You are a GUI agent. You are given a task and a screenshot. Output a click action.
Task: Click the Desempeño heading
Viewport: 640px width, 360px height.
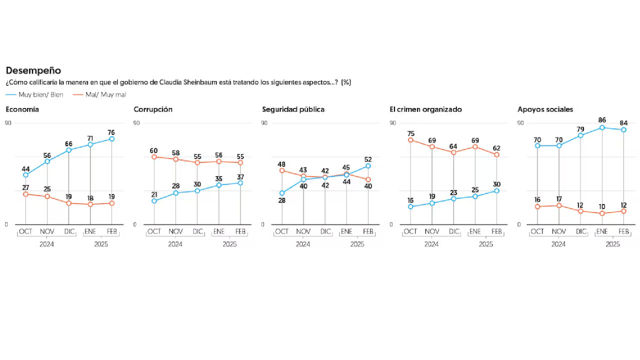point(33,71)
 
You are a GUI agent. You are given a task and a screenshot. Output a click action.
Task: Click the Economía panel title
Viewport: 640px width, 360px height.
point(22,109)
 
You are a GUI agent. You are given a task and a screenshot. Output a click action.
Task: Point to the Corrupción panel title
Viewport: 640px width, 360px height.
point(153,109)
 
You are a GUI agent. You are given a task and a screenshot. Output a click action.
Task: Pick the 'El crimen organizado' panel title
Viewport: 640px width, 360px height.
point(425,109)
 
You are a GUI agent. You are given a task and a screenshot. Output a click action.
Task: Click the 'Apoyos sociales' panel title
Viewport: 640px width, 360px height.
point(545,109)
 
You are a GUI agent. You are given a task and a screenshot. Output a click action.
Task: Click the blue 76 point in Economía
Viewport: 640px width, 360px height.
point(112,139)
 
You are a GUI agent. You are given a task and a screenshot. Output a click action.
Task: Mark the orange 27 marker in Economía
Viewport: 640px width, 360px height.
point(25,194)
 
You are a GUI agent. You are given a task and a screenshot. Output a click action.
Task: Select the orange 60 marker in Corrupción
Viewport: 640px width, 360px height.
point(154,157)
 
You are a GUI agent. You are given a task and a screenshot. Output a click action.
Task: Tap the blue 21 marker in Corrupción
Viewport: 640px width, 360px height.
point(154,201)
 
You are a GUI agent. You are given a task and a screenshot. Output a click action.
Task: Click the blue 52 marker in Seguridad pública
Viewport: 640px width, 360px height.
point(368,166)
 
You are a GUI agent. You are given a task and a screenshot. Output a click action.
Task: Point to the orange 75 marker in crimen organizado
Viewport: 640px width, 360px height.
point(410,140)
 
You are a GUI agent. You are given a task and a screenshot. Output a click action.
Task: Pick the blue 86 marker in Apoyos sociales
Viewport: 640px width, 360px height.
point(602,127)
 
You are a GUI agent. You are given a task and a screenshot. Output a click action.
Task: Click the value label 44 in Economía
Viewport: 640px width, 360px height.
point(25,168)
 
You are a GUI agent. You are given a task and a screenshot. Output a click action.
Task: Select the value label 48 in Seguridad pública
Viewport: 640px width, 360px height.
point(281,164)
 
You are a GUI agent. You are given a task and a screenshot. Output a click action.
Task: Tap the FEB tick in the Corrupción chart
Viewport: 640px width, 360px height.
point(240,231)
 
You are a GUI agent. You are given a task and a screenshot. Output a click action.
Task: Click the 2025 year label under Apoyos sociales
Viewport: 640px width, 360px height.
point(612,244)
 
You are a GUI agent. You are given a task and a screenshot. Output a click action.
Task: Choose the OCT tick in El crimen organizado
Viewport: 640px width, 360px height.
point(410,231)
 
